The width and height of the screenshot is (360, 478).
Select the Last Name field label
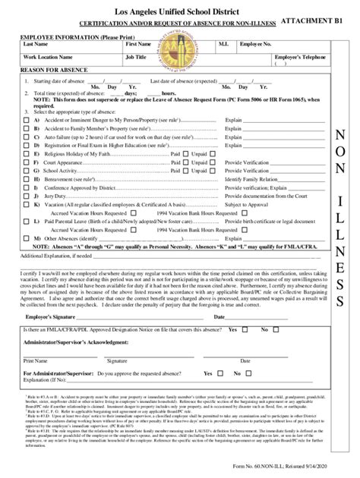(36, 45)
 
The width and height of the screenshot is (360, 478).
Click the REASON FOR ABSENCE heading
(52, 70)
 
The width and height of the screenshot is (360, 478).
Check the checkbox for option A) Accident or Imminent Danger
(27, 120)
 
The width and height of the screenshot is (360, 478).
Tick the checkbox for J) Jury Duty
(27, 195)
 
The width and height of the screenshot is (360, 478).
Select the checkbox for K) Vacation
(27, 205)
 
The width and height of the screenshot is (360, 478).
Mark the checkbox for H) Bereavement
(27, 178)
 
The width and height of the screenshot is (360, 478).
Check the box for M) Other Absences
(27, 237)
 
